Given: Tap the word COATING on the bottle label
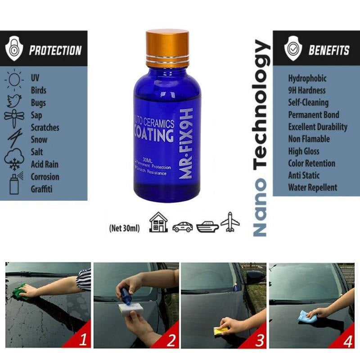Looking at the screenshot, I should coord(153,135).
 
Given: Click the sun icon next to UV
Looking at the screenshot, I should coord(14,80).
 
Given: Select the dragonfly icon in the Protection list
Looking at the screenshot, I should coord(14,117).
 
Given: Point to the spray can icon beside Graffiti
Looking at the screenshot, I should coord(14,184).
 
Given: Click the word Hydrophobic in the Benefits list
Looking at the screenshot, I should coord(307,78).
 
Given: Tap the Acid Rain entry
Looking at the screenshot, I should coord(45,164).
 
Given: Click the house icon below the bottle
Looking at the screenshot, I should coord(158,222).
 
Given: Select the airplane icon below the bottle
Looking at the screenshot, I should coord(230,222).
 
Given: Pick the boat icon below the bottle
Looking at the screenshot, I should coord(207,225).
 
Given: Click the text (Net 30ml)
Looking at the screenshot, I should coord(125,228).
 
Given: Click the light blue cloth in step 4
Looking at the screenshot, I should coord(307,317).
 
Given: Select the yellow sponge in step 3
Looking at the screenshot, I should coord(220,331).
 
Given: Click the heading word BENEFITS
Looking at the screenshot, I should coord(328,50).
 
